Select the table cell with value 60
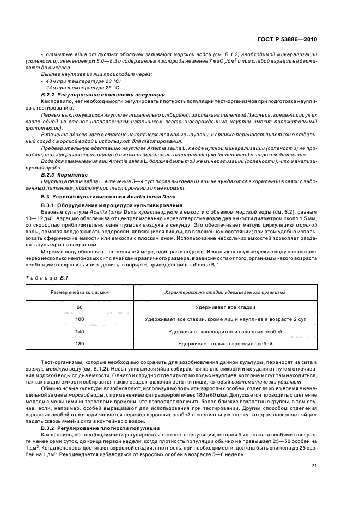click(80, 307)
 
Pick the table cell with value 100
click(80, 319)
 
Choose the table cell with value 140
click(80, 331)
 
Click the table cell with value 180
click(80, 344)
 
